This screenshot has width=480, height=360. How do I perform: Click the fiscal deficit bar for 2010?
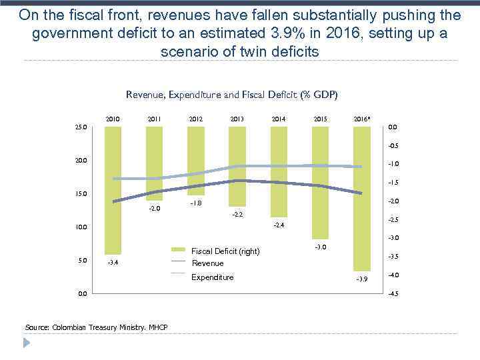pos(113,190)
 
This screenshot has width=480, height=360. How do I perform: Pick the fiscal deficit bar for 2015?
pos(321,183)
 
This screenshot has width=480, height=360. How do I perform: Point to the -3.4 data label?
pos(114,263)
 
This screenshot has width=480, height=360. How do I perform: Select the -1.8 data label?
pos(196,203)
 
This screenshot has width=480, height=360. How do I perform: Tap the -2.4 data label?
pos(279,225)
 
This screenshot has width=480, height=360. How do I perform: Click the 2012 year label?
pos(196,120)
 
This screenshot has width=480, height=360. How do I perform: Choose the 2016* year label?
pos(362,120)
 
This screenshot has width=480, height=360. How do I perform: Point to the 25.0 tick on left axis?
pos(80,127)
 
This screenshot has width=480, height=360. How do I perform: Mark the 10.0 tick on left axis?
pos(80,227)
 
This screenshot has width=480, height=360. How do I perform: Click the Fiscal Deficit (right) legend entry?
pos(225,251)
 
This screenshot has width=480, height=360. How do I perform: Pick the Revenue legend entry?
pos(207,263)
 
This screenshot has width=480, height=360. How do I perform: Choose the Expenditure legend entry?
pos(213,277)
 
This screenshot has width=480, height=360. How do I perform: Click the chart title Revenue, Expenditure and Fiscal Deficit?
pos(232,95)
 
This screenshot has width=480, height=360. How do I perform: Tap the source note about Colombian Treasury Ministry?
pos(96,327)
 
